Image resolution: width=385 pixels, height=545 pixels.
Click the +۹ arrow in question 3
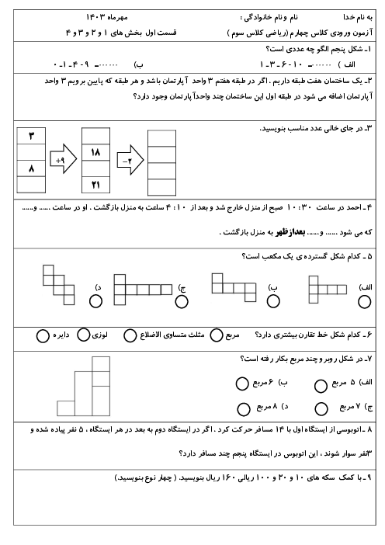tap(63, 159)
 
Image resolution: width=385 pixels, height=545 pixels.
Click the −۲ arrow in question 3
tap(130, 159)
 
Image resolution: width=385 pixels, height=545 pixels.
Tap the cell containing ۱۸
tap(95, 152)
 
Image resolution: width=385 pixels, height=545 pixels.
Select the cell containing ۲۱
tap(95, 185)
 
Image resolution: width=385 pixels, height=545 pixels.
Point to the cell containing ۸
tap(31, 168)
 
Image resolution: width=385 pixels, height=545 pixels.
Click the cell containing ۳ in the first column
tap(31, 136)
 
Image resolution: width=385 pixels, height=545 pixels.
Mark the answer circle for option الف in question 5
tap(364, 302)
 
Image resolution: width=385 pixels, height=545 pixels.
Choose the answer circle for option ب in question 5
tap(273, 301)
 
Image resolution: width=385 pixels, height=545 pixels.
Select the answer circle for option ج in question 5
tap(182, 302)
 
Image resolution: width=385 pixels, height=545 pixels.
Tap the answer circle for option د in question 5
tap(95, 301)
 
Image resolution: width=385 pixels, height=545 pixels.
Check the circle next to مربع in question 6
tap(216, 335)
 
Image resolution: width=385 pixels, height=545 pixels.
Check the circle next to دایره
tap(43, 336)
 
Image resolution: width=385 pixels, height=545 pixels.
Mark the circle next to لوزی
tap(83, 335)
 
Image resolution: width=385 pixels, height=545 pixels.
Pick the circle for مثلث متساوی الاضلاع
tap(130, 335)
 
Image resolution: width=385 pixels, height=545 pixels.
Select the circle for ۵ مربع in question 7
tap(321, 386)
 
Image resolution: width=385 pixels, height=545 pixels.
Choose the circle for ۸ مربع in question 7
tap(244, 409)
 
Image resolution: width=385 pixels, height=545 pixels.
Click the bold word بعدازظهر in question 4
tap(290, 233)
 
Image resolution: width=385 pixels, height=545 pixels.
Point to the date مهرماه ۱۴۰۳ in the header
tap(106, 16)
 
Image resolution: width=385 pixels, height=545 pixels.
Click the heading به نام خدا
tap(358, 17)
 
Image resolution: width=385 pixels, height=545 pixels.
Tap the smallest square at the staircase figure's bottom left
tap(66, 408)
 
